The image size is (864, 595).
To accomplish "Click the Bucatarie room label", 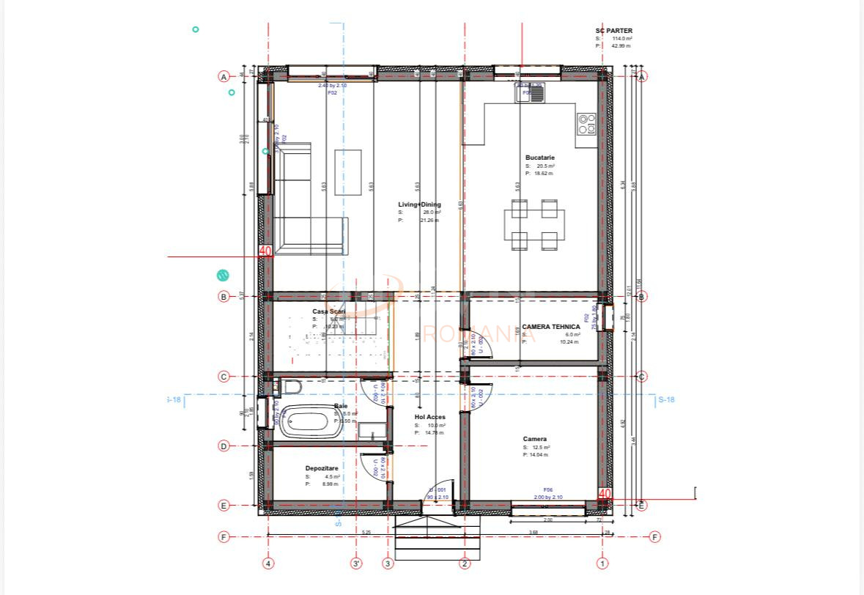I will pyautogui.click(x=540, y=158).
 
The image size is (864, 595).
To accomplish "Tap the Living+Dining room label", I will pyautogui.click(x=419, y=204).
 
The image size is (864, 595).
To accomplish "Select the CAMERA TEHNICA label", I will pyautogui.click(x=551, y=327).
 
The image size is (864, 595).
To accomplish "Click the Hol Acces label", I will pyautogui.click(x=430, y=417).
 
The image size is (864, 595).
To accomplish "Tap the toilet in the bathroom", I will pyautogui.click(x=290, y=387).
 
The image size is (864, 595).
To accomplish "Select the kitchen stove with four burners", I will pyautogui.click(x=586, y=124).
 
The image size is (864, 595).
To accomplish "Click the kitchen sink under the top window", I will pyautogui.click(x=529, y=92).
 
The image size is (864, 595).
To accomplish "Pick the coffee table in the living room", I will pyautogui.click(x=348, y=172).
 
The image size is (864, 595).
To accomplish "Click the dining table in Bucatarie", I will pyautogui.click(x=534, y=225).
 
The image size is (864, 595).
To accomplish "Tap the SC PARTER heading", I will pyautogui.click(x=614, y=31).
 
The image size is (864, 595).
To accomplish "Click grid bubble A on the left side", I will pyautogui.click(x=224, y=76).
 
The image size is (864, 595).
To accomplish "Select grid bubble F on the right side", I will pyautogui.click(x=654, y=537).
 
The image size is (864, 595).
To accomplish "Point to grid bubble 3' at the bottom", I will pyautogui.click(x=356, y=563).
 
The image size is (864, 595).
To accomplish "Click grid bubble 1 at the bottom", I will pyautogui.click(x=602, y=563).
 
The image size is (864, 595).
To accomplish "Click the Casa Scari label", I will pyautogui.click(x=328, y=311).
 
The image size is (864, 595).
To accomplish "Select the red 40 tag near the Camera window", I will pyautogui.click(x=605, y=495).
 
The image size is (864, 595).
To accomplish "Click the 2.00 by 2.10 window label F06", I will pyautogui.click(x=547, y=498).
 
